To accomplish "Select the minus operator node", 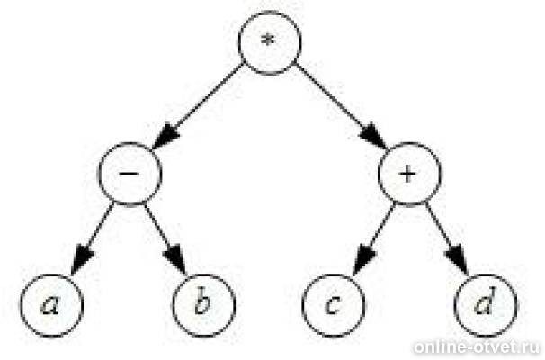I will coord(130,173).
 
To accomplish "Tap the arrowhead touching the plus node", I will coord(377,139).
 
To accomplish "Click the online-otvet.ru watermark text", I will coord(477,347).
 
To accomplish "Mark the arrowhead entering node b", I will coord(177,262).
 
